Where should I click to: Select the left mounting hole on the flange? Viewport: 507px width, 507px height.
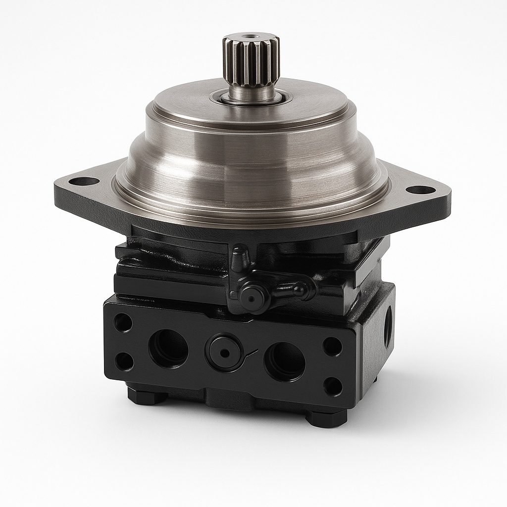coord(83,181)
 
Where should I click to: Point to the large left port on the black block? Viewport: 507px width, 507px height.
coord(168,348)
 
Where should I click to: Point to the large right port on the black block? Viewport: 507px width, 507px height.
coord(285,360)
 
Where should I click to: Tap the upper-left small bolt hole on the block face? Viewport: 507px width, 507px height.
coord(122,323)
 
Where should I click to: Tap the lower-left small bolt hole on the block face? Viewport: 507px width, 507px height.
coord(124,361)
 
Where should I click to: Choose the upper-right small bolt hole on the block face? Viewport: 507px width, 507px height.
coord(332,347)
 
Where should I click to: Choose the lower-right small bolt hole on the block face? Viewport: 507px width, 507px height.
coord(332,386)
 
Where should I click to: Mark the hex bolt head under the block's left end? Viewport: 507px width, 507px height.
coord(147,395)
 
